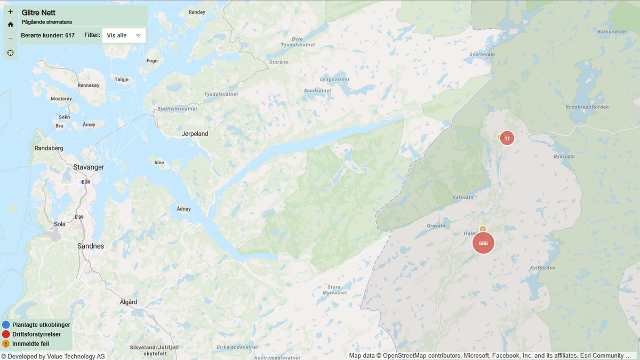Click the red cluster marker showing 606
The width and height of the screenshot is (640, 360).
[x=483, y=243]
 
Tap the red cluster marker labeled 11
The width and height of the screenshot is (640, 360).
[x=507, y=138]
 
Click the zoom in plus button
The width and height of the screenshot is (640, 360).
[x=10, y=11]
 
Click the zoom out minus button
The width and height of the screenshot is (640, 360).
[x=10, y=38]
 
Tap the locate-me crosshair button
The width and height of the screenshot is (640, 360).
[x=10, y=52]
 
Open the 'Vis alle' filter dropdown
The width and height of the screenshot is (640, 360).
[x=124, y=35]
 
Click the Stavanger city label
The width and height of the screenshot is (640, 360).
[x=89, y=167]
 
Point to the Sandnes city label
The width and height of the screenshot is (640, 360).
[x=91, y=246]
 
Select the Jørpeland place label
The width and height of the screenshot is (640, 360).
[x=195, y=134]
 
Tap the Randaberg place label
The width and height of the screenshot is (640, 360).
[x=49, y=148]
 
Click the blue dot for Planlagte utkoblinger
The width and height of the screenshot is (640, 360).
[x=6, y=325]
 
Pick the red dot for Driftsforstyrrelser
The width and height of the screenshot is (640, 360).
[x=6, y=334]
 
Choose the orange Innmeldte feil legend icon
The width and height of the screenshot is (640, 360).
[x=6, y=344]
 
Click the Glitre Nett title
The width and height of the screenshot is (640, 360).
[x=38, y=12]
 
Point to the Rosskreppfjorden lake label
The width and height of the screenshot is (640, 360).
[x=587, y=107]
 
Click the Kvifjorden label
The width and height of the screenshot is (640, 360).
[x=543, y=268]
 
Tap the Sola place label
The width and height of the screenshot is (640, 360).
[x=60, y=225]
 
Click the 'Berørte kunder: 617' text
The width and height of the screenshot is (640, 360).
[x=47, y=35]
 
